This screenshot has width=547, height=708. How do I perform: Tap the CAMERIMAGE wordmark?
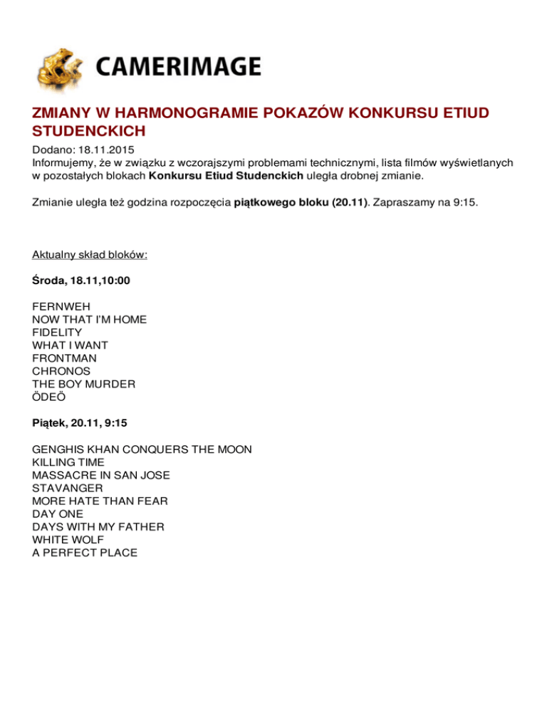point(177,68)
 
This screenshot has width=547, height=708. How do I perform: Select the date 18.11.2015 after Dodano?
point(103,151)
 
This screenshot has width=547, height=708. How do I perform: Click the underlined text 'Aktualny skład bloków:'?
point(90,255)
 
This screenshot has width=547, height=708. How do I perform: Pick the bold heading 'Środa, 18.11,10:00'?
point(81,281)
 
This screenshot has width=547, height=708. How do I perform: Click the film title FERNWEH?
point(61,307)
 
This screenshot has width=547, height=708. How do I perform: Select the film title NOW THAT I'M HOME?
point(89,320)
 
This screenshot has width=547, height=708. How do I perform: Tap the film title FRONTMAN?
point(65,358)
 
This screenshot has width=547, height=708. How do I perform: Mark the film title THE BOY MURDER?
point(84,384)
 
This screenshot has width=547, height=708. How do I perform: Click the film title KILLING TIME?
point(68,462)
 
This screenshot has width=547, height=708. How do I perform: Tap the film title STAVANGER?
point(68,488)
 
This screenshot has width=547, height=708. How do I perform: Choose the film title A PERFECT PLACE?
point(85,552)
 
